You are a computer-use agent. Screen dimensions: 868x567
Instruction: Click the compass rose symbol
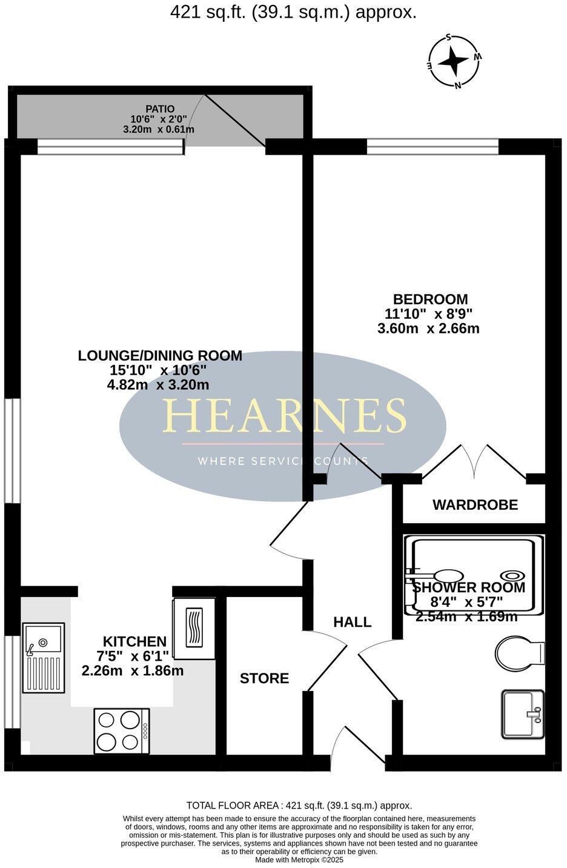pos(454,61)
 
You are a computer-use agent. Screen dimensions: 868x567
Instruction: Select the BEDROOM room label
pos(430,299)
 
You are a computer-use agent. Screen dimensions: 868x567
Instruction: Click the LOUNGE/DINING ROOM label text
pos(160,356)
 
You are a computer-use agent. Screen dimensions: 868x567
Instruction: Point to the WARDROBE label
pos(475,504)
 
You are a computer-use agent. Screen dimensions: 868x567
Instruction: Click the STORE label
pos(264,678)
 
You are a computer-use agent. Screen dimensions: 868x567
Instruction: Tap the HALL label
pos(352,622)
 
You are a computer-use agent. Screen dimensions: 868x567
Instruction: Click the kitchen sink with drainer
pos(43,658)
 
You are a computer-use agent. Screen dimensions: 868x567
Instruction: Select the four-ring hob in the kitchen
pos(121,731)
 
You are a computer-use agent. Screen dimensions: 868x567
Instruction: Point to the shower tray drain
pos(512,576)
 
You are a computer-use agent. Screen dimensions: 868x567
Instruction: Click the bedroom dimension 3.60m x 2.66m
pos(428,329)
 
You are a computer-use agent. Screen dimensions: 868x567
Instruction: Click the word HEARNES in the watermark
pos(283,416)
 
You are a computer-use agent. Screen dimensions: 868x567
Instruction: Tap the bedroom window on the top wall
pos(433,146)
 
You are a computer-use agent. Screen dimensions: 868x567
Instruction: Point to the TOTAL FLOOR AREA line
pos(299,806)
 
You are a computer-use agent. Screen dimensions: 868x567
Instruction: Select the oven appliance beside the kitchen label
pos(194,629)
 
